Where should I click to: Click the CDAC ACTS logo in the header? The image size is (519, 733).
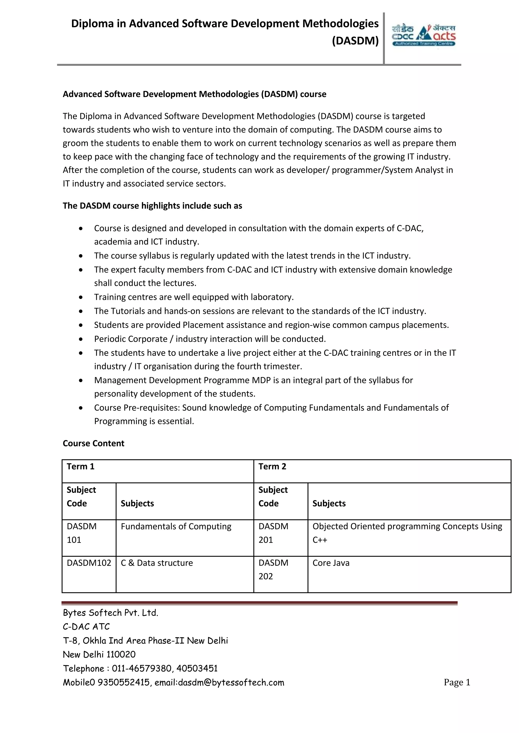point(423,35)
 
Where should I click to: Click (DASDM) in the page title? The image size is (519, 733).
point(355,40)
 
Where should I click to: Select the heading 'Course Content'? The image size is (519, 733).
point(93,443)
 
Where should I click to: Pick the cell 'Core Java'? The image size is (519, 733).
point(331,563)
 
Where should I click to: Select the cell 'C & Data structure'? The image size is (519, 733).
point(157,563)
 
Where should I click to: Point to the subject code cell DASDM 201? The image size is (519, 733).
point(273,533)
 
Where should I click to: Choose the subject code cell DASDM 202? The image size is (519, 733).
point(273,569)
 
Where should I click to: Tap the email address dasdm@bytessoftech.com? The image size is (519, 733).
point(231,683)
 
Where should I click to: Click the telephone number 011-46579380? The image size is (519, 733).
point(142,668)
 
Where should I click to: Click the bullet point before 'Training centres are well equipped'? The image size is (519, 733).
point(81,297)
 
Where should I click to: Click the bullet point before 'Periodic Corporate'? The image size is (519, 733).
point(81,339)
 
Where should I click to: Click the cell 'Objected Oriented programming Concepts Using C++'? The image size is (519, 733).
point(407,533)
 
